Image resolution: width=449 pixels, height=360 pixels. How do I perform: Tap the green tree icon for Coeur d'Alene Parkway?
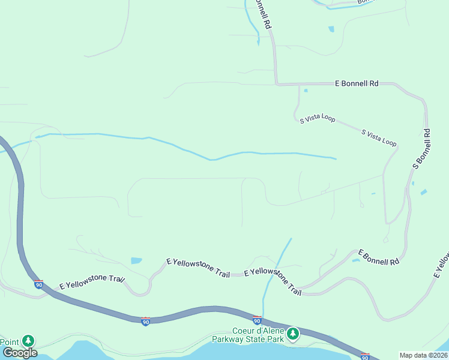click(x=292, y=334)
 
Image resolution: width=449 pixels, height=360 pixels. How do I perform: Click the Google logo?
click(x=20, y=352)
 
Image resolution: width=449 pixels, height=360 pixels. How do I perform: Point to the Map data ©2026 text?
click(x=424, y=355)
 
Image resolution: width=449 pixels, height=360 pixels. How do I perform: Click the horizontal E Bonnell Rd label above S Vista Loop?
click(x=357, y=85)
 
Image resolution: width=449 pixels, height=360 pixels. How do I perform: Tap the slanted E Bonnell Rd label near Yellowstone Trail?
click(x=379, y=257)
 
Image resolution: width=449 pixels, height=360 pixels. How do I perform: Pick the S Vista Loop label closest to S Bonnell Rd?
click(x=379, y=138)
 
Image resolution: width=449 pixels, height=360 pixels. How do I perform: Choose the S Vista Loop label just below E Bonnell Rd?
click(x=318, y=119)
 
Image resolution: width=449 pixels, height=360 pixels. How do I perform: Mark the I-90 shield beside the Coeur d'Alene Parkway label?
click(x=257, y=322)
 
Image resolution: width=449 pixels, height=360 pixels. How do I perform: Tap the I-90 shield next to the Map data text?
click(x=365, y=356)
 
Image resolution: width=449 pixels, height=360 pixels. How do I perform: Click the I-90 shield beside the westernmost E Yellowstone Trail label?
click(x=38, y=284)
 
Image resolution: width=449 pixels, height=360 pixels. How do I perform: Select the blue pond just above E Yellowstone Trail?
click(x=136, y=261)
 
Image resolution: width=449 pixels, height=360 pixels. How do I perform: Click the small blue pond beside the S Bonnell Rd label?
click(x=424, y=193)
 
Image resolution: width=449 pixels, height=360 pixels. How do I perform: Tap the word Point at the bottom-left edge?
click(x=9, y=341)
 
